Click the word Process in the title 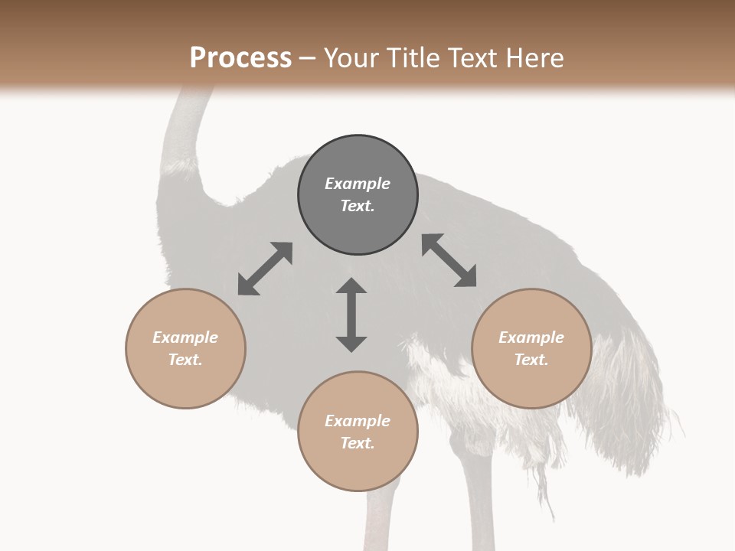click(240, 58)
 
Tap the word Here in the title click(534, 58)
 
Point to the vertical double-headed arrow click(351, 315)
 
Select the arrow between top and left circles click(265, 269)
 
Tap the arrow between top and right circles click(449, 260)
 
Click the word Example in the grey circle click(358, 184)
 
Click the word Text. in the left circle click(185, 360)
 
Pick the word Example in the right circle click(531, 337)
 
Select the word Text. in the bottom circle click(358, 443)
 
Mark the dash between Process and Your click(308, 58)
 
